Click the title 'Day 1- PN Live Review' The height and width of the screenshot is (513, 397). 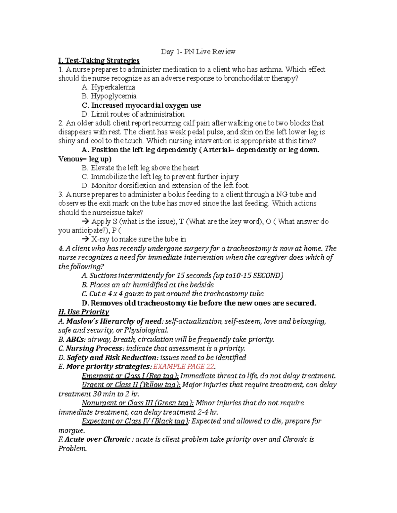pos(198,52)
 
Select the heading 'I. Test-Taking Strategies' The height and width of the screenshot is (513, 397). pos(99,61)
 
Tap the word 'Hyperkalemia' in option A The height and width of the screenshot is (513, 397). pos(113,88)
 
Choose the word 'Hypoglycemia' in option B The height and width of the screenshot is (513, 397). pos(113,96)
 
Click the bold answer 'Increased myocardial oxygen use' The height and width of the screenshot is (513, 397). pos(146,105)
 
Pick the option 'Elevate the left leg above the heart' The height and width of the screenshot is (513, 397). pos(145,168)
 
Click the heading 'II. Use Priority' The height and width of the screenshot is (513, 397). pos(84,312)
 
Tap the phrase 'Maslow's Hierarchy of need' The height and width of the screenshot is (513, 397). pos(114,321)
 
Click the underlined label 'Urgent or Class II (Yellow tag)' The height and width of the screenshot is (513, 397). pos(131,385)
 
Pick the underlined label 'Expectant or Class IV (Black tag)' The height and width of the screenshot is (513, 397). pos(135,421)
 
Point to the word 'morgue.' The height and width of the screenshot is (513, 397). pos(71,430)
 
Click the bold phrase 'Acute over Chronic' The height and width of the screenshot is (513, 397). pos(98,439)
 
